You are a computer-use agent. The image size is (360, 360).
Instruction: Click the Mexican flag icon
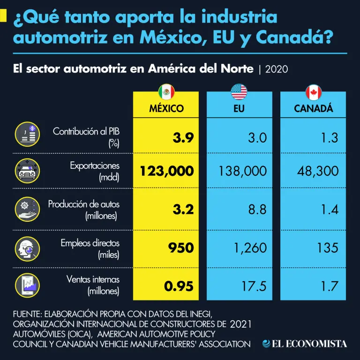[x=166, y=91]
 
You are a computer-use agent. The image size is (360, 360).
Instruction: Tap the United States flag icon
[x=239, y=91]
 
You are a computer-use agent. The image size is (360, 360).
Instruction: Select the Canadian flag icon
[x=314, y=91]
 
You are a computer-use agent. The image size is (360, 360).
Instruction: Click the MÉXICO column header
[x=166, y=109]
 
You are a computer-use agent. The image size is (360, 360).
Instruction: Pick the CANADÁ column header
[x=314, y=109]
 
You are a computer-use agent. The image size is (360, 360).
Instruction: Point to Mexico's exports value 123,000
[x=167, y=171]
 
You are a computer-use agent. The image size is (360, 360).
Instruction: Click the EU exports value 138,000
[x=243, y=171]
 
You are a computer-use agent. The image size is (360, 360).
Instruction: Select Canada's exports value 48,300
[x=317, y=171]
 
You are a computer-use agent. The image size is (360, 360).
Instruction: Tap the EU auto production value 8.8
[x=257, y=209]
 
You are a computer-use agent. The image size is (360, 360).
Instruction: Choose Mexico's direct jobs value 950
[x=181, y=247]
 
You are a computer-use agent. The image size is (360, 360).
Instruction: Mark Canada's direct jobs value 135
[x=327, y=247]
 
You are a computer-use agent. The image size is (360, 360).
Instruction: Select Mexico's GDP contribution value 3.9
[x=183, y=138]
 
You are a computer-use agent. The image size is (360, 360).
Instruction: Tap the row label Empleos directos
[x=90, y=243]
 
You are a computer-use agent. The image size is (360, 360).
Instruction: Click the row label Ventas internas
[x=93, y=280]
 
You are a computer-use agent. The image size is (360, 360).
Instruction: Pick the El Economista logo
[x=305, y=344]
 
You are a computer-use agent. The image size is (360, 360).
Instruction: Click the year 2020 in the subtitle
[x=276, y=69]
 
